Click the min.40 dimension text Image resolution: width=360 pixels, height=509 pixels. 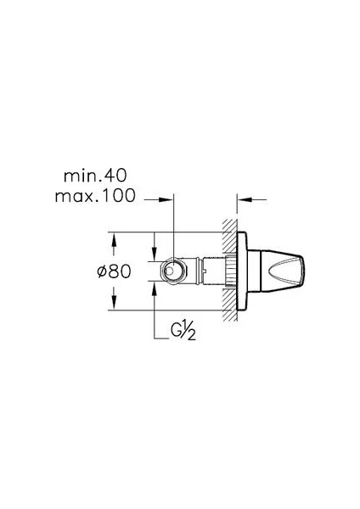pyautogui.click(x=95, y=176)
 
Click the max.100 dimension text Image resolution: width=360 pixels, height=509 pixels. pyautogui.click(x=95, y=196)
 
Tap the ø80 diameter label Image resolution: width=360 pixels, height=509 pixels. pyautogui.click(x=115, y=271)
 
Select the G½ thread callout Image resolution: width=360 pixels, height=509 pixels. pyautogui.click(x=183, y=330)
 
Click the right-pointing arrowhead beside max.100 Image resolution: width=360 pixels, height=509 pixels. pyautogui.click(x=166, y=199)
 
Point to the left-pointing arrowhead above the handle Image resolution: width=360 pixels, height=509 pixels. pyautogui.click(x=245, y=199)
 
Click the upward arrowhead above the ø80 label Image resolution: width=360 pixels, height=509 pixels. pyautogui.click(x=114, y=239)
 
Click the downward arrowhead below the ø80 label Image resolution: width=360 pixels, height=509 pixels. pyautogui.click(x=114, y=303)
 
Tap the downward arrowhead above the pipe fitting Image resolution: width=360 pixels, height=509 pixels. pyautogui.click(x=155, y=254)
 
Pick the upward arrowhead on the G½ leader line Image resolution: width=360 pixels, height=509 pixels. pyautogui.click(x=155, y=288)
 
